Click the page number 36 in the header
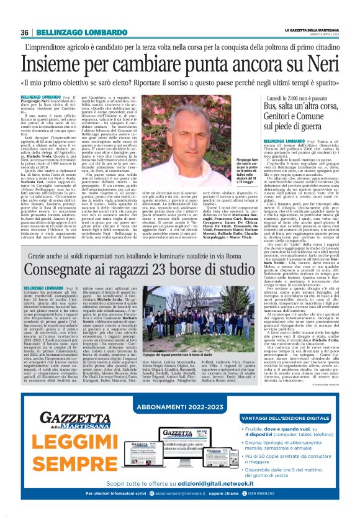[x=25, y=32]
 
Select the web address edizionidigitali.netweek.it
[x=215, y=501]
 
